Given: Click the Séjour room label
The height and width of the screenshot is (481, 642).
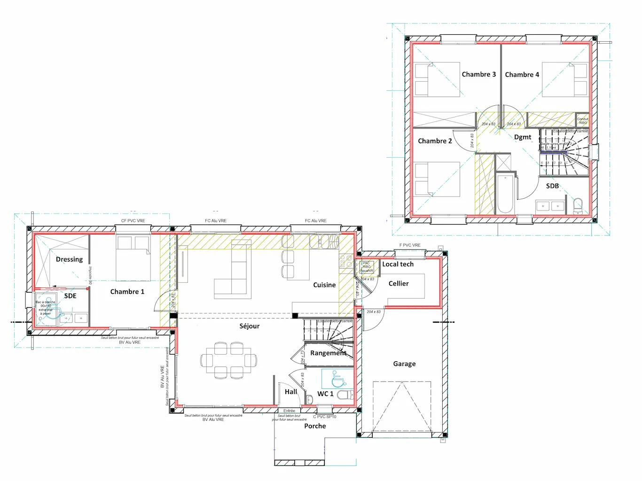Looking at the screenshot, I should [249, 326].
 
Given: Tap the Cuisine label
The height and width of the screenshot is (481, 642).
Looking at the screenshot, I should [324, 285].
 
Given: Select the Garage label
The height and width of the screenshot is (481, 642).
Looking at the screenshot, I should [404, 364].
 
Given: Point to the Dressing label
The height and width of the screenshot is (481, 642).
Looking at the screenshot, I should [69, 259].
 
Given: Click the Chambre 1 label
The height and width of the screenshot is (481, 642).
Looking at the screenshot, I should [127, 292].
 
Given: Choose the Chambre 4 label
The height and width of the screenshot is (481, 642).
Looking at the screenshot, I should [522, 75].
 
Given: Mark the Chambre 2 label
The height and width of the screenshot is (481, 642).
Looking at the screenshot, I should [435, 141].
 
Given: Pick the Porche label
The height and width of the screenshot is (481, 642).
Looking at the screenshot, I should [315, 426].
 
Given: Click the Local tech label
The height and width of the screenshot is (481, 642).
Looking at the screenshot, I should [398, 264].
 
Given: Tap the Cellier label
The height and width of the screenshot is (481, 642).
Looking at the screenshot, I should [399, 284].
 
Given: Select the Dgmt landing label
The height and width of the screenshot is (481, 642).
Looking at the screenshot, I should [523, 137].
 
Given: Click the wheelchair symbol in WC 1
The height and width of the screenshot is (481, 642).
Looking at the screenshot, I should [337, 378].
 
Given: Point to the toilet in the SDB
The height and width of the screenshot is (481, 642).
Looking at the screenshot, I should [578, 206].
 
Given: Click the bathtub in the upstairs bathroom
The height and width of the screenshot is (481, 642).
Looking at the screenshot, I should [505, 193].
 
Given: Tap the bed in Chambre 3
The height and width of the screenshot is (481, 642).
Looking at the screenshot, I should [437, 80].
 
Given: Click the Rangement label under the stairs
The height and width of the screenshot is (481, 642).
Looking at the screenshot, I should [328, 353].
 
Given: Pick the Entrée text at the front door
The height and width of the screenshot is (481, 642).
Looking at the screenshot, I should [289, 411].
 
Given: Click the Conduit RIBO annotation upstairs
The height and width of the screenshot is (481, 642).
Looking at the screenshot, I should [582, 121].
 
